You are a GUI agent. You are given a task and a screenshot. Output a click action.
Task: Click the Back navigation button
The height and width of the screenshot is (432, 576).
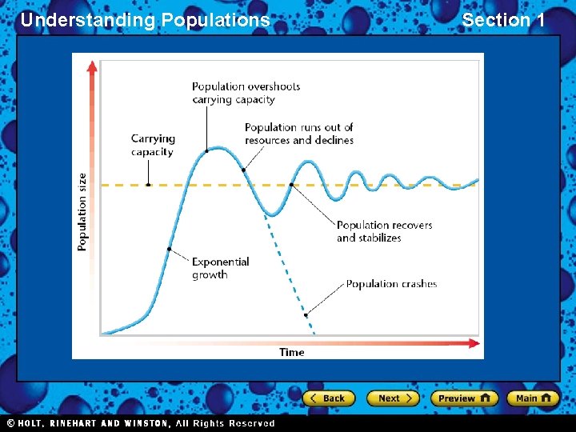click(x=328, y=398)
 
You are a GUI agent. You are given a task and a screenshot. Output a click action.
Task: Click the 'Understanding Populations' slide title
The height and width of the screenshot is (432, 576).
click(x=145, y=20)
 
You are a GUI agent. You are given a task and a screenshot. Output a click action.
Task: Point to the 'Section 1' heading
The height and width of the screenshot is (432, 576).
click(x=503, y=20)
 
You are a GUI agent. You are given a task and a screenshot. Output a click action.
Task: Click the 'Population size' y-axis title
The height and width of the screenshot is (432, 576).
click(x=82, y=213)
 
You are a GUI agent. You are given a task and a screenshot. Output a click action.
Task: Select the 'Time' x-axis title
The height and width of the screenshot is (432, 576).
click(x=291, y=352)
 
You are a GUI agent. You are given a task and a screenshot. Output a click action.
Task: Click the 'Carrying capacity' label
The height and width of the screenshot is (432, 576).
click(x=153, y=145)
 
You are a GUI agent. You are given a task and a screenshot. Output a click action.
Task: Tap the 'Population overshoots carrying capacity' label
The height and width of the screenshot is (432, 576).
click(x=246, y=93)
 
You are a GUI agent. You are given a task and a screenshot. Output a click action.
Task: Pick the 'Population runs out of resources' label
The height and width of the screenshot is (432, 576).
click(x=298, y=134)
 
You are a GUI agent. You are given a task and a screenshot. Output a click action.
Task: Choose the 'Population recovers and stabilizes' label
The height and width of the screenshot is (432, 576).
click(x=384, y=231)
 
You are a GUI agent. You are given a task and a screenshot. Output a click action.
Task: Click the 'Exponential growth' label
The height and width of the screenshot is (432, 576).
click(x=220, y=268)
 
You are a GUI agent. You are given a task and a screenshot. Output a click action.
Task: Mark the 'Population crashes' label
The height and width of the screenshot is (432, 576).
click(x=391, y=283)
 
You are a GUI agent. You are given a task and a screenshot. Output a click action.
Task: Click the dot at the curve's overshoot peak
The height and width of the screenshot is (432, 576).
click(x=207, y=150)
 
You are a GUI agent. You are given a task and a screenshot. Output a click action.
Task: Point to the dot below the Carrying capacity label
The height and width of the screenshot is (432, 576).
click(x=149, y=185)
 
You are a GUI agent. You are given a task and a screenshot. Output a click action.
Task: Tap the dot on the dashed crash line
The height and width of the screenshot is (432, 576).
click(x=306, y=315)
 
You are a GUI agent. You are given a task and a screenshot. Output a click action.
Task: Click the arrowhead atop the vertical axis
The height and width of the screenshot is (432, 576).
click(x=92, y=66)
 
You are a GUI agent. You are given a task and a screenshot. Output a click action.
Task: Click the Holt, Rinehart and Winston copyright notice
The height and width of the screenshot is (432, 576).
click(x=141, y=423)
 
